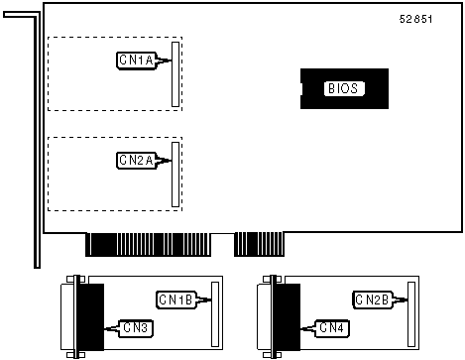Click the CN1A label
(x=136, y=60)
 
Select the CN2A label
(x=136, y=161)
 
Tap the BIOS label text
(x=343, y=88)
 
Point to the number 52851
(x=415, y=19)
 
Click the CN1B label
(x=175, y=300)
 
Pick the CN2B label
(x=373, y=300)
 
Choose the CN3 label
(x=136, y=328)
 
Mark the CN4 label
(x=332, y=328)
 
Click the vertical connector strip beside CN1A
(x=175, y=74)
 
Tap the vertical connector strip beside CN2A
(x=175, y=175)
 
